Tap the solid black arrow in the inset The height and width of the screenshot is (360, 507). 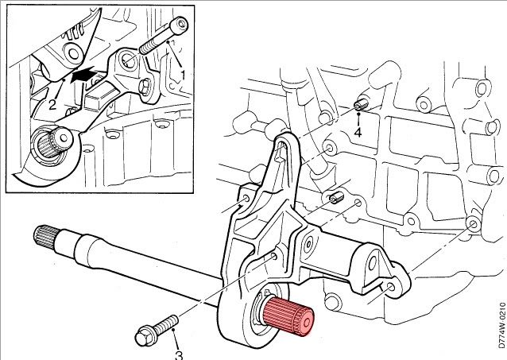pyautogui.click(x=86, y=78)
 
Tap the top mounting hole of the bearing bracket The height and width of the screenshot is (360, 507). pyautogui.click(x=281, y=145)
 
